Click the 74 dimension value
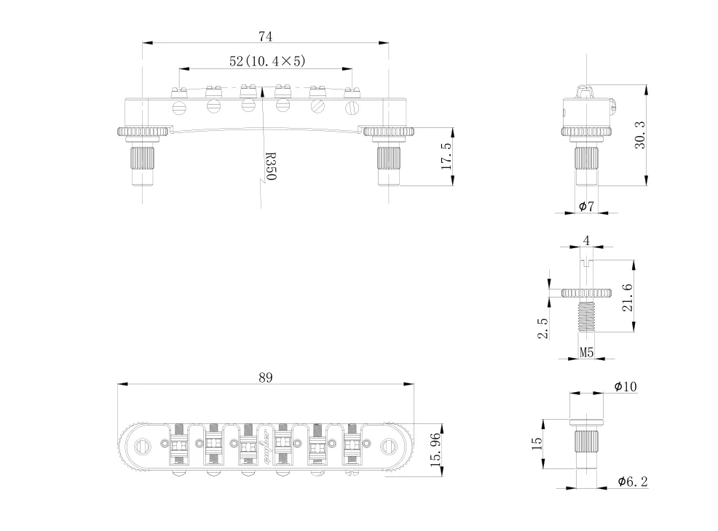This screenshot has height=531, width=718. (x=266, y=36)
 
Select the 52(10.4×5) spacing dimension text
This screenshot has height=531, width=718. (x=267, y=61)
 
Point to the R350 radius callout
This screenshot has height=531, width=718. (x=271, y=167)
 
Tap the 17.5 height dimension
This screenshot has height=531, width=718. (x=446, y=156)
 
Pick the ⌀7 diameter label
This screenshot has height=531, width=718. (x=586, y=207)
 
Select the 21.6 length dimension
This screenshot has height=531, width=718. (x=627, y=298)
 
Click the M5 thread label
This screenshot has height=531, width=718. (x=587, y=352)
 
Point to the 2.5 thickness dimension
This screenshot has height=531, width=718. (x=543, y=328)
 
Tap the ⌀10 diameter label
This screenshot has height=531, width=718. (x=626, y=386)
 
